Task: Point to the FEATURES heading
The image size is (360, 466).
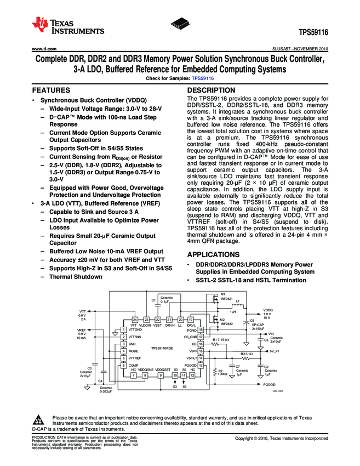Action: pyautogui.click(x=51, y=90)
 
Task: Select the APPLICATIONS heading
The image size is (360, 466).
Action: pyautogui.click(x=215, y=255)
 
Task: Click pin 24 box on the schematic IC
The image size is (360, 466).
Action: pyautogui.click(x=134, y=319)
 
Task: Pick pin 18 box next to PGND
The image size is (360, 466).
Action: pyautogui.click(x=201, y=329)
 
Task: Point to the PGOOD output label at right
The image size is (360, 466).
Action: pyautogui.click(x=269, y=385)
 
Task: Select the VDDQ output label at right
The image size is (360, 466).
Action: pyautogui.click(x=267, y=309)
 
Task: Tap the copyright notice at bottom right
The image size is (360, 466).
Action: pyautogui.click(x=282, y=439)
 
